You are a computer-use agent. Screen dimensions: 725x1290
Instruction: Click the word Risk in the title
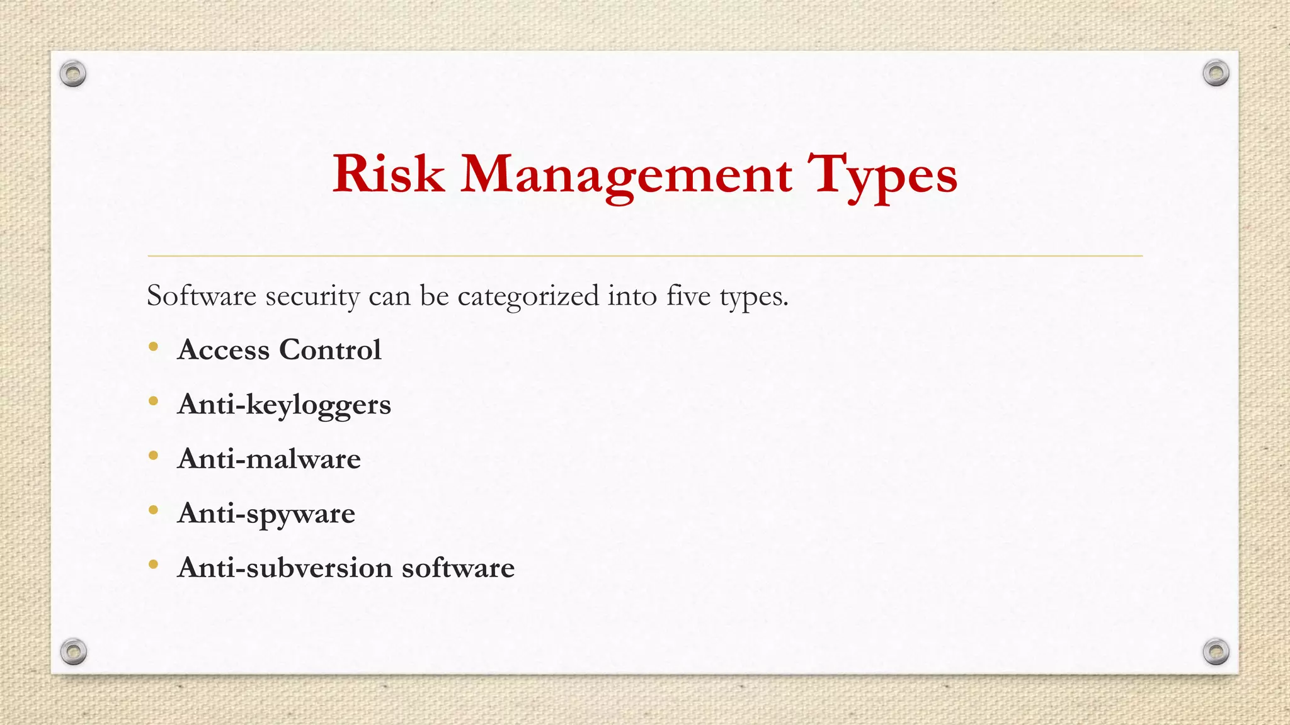pyautogui.click(x=388, y=174)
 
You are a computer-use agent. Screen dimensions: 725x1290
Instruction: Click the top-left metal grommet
pyautogui.click(x=73, y=74)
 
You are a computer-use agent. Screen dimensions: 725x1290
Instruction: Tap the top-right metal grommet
pyautogui.click(x=1216, y=74)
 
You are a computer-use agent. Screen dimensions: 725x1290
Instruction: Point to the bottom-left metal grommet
pyautogui.click(x=73, y=651)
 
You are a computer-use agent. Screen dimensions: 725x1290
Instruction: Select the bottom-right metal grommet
pyautogui.click(x=1216, y=651)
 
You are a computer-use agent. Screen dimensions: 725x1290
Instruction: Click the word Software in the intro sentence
pyautogui.click(x=202, y=296)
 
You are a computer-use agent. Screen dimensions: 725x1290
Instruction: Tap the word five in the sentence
pyautogui.click(x=688, y=296)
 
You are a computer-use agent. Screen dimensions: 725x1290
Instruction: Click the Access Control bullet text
pyautogui.click(x=279, y=350)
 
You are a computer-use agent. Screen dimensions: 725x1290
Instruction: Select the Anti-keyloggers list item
pyautogui.click(x=284, y=405)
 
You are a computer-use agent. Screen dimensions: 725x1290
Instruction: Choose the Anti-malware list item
pyautogui.click(x=269, y=459)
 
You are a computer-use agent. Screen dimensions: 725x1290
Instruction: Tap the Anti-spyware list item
pyautogui.click(x=266, y=514)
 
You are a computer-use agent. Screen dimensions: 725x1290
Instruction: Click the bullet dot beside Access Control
pyautogui.click(x=153, y=347)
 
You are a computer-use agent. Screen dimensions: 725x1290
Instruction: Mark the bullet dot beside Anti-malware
pyautogui.click(x=153, y=456)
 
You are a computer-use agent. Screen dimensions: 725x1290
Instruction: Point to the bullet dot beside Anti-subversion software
pyautogui.click(x=153, y=565)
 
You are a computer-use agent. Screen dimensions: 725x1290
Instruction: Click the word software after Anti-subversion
pyautogui.click(x=458, y=568)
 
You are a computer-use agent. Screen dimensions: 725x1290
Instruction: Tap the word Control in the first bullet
pyautogui.click(x=330, y=350)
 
